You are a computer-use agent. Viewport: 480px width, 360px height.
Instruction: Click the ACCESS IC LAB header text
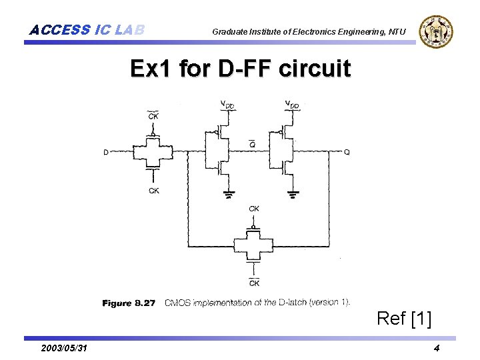pos(87,30)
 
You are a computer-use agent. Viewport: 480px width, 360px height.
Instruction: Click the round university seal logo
pos(437,31)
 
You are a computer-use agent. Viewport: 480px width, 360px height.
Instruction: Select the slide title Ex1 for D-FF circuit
pos(240,69)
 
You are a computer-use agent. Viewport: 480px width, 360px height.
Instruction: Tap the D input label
pos(106,153)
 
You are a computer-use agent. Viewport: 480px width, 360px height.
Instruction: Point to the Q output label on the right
pos(347,152)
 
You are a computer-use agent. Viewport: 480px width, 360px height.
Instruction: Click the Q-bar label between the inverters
pos(251,143)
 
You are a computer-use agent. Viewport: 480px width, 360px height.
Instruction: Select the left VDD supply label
pos(227,104)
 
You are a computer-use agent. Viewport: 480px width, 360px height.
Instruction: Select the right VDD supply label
pos(292,104)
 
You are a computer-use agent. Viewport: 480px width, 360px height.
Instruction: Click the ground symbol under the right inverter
pos(292,195)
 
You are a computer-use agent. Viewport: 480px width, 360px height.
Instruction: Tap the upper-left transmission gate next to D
pos(153,152)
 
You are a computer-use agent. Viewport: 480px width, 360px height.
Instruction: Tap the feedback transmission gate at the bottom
pos(253,244)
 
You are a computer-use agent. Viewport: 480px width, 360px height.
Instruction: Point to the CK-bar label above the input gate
pos(153,116)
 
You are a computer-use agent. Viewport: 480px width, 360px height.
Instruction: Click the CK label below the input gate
pos(154,191)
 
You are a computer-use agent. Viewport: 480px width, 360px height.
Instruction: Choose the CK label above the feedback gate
pos(254,209)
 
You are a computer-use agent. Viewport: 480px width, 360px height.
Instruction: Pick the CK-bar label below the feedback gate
pos(254,283)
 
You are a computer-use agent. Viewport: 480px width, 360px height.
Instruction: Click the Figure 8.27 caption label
pos(129,303)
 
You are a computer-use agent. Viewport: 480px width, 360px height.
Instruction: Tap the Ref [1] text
pos(404,319)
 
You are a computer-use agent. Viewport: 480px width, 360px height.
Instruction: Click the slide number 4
pos(436,349)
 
